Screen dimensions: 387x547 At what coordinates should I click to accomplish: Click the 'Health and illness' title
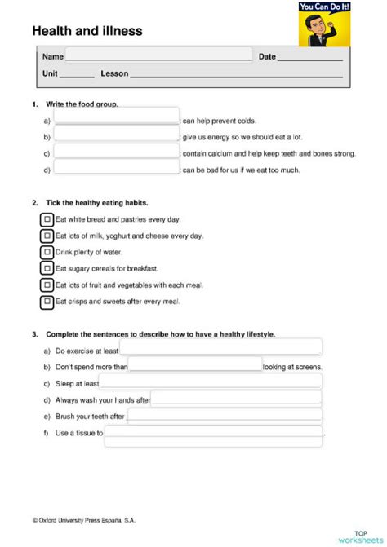(x=87, y=31)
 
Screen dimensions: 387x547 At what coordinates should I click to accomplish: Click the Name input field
(x=159, y=56)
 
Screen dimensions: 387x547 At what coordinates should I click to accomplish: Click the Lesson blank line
(x=236, y=74)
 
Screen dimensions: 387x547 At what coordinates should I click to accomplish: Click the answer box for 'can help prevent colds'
(x=116, y=119)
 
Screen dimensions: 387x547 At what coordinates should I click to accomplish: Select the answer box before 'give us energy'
(x=116, y=135)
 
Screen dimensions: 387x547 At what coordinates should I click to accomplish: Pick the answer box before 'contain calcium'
(x=116, y=152)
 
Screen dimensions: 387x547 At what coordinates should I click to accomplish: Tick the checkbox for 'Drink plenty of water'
(x=47, y=252)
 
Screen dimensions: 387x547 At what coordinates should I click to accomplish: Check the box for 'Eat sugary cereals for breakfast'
(x=47, y=268)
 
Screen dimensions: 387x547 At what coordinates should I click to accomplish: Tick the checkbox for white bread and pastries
(x=47, y=219)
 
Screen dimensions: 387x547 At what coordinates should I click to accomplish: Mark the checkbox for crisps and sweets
(x=47, y=302)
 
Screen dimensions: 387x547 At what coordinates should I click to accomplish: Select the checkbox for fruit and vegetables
(x=47, y=285)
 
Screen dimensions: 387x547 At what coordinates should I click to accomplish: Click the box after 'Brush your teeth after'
(x=225, y=416)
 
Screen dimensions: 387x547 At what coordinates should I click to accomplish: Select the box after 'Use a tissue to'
(x=214, y=433)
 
